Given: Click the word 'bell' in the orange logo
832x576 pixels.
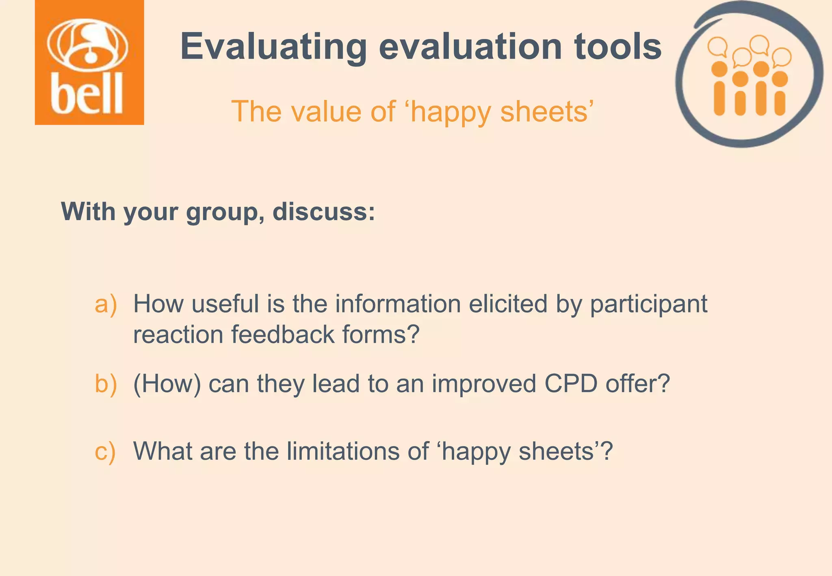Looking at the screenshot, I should click(x=87, y=94).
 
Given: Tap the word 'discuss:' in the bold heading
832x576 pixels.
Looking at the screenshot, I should click(x=324, y=212).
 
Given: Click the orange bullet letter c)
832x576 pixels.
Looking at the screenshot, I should click(x=105, y=451).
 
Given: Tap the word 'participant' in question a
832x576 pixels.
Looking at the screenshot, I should click(x=648, y=305).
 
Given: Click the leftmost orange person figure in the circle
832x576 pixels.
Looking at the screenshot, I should click(x=719, y=89).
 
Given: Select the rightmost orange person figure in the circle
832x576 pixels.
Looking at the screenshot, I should click(x=780, y=94).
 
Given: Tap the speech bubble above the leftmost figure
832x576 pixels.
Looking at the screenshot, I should click(x=717, y=47).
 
